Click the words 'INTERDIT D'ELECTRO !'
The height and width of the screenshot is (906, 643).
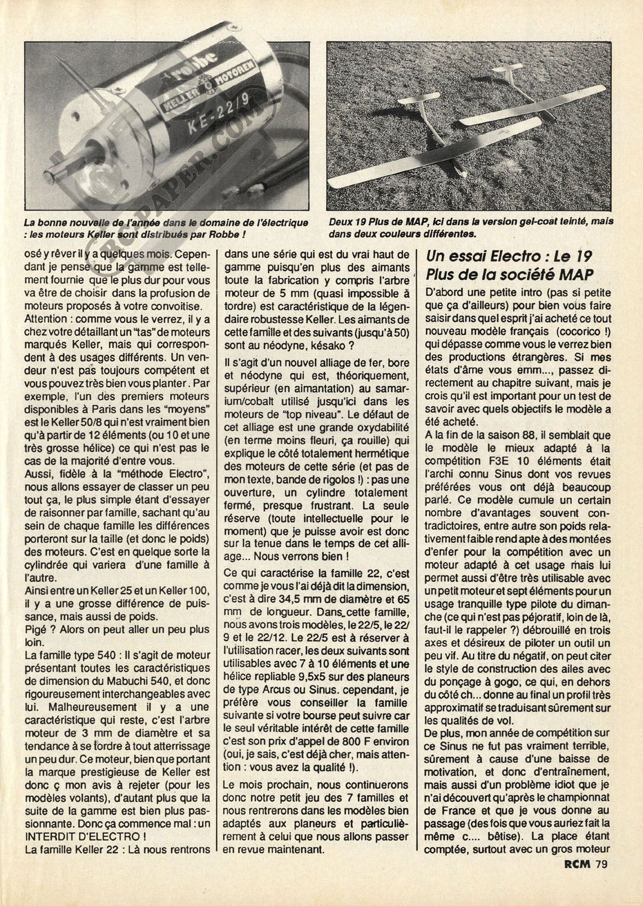pos(74,838)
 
